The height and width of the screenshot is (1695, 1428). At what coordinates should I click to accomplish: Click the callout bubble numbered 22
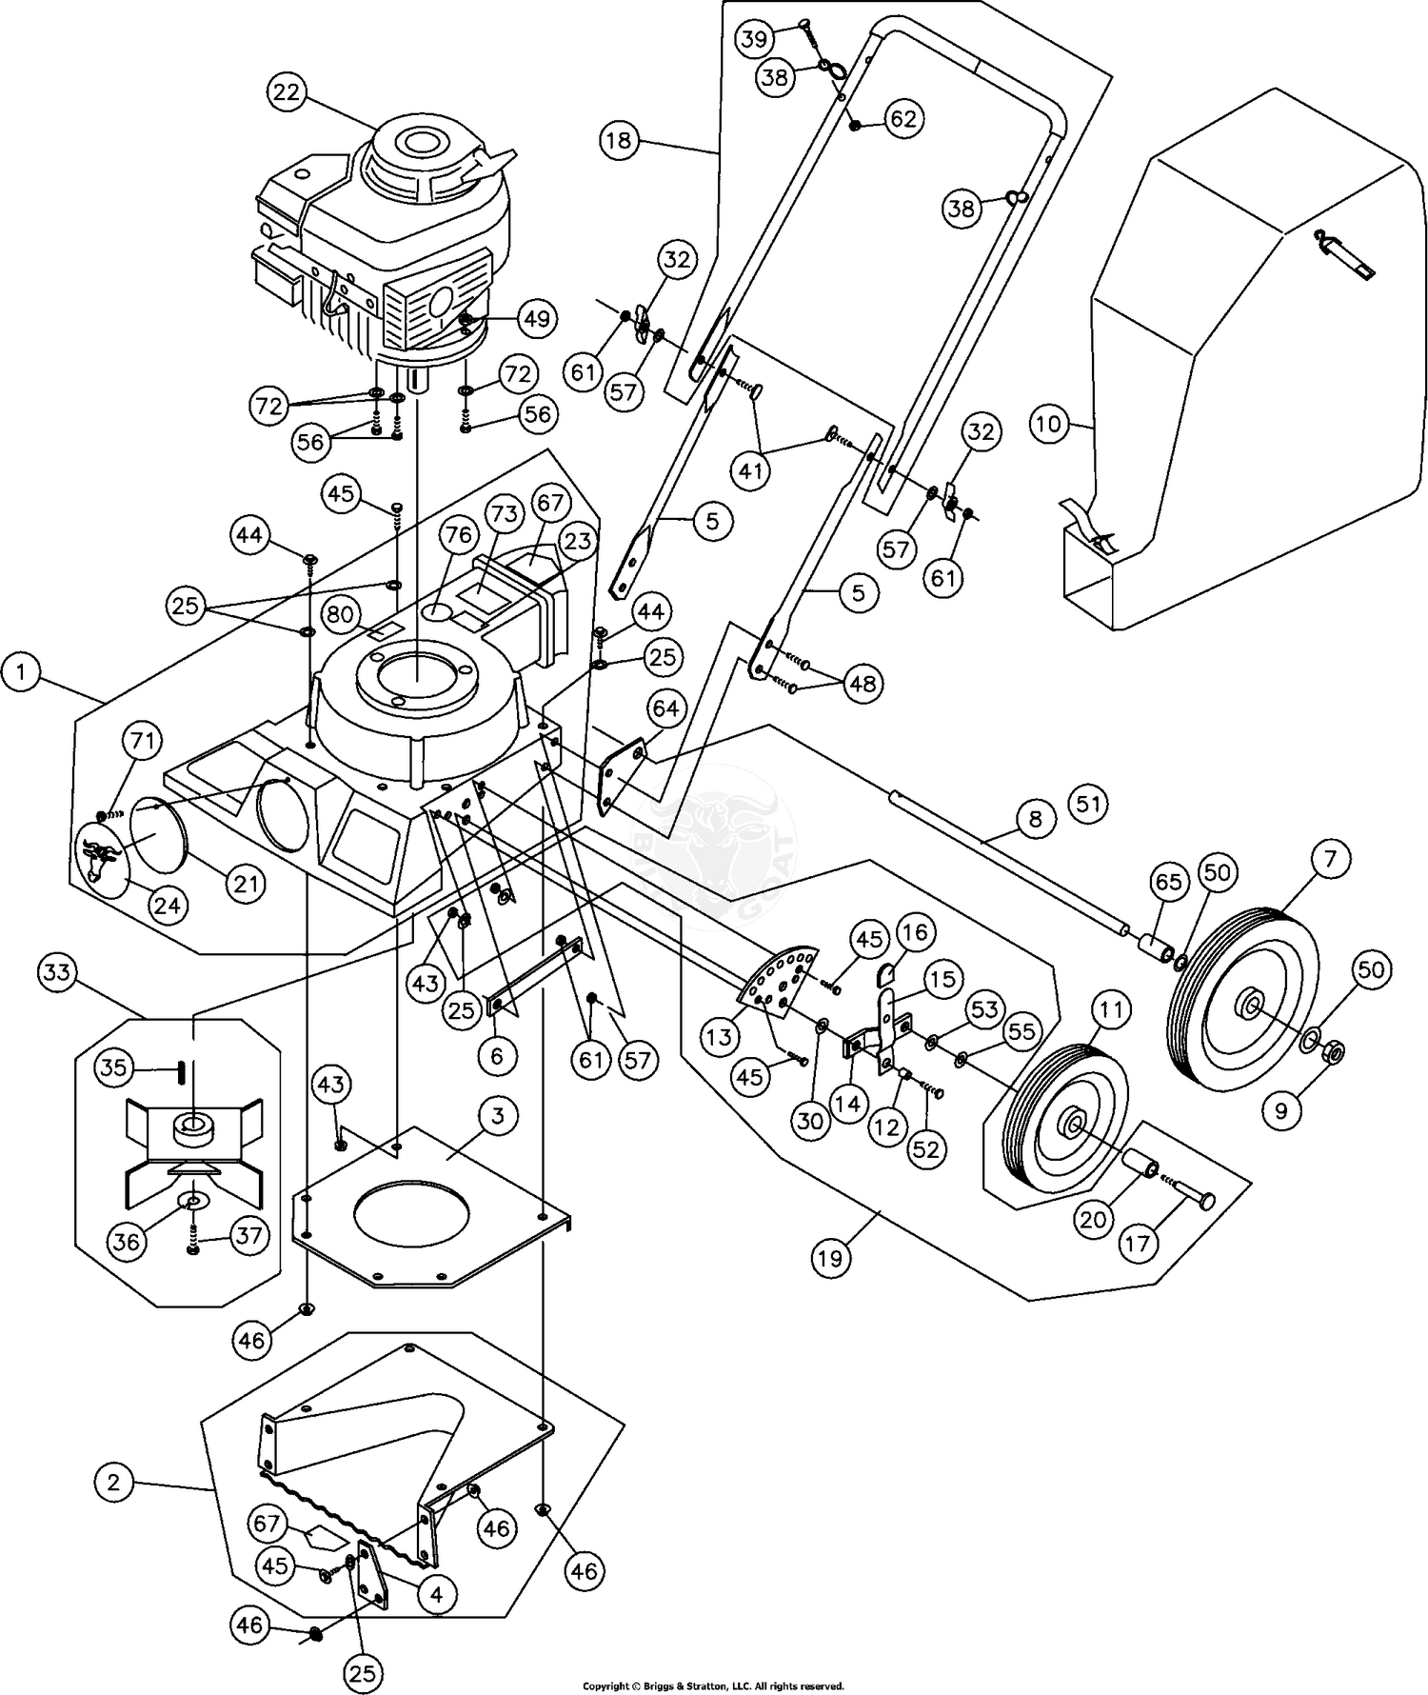[287, 92]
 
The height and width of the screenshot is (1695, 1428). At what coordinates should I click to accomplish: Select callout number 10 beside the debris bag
[1049, 423]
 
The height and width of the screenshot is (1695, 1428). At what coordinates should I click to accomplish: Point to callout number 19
[829, 1259]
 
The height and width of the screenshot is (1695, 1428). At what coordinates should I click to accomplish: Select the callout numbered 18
[619, 142]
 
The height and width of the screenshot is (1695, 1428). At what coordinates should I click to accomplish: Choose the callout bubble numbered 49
[538, 317]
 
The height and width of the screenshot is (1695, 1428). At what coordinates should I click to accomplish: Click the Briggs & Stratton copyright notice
[713, 1686]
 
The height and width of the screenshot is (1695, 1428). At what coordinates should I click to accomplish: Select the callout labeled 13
[721, 1037]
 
